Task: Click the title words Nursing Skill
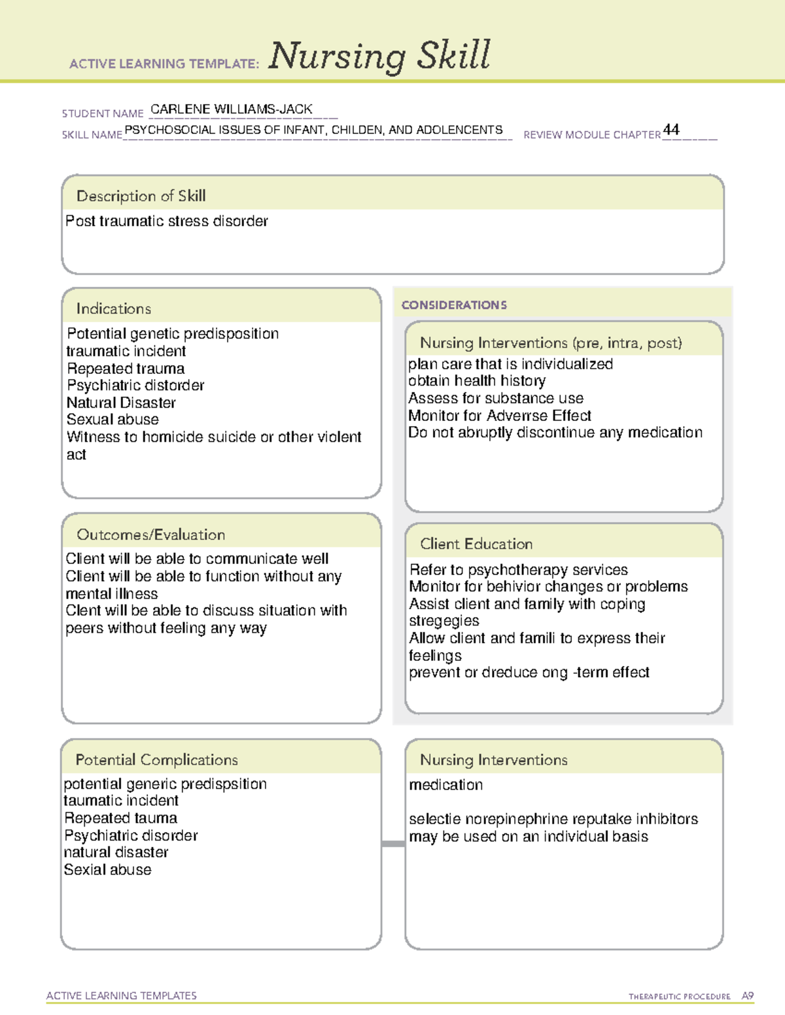pyautogui.click(x=379, y=56)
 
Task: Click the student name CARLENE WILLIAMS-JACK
pyautogui.click(x=232, y=109)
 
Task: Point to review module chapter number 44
pyautogui.click(x=671, y=129)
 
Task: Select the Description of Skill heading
pyautogui.click(x=141, y=196)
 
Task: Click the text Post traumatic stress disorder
pyautogui.click(x=167, y=222)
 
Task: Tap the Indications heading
pyautogui.click(x=113, y=308)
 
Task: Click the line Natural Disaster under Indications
pyautogui.click(x=121, y=403)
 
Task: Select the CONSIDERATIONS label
pyautogui.click(x=454, y=305)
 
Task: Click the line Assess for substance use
pyautogui.click(x=495, y=398)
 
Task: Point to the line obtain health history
pyautogui.click(x=476, y=381)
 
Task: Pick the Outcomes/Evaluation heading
pyautogui.click(x=150, y=535)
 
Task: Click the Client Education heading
pyautogui.click(x=476, y=544)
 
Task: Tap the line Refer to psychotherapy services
pyautogui.click(x=518, y=570)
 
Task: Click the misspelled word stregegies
pyautogui.click(x=444, y=621)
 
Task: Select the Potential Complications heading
pyautogui.click(x=156, y=759)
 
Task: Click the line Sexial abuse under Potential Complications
pyautogui.click(x=107, y=870)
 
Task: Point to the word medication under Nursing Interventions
pyautogui.click(x=445, y=785)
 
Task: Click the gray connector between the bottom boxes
pyautogui.click(x=393, y=844)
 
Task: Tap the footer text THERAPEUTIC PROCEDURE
pyautogui.click(x=679, y=997)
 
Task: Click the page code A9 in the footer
pyautogui.click(x=747, y=996)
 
